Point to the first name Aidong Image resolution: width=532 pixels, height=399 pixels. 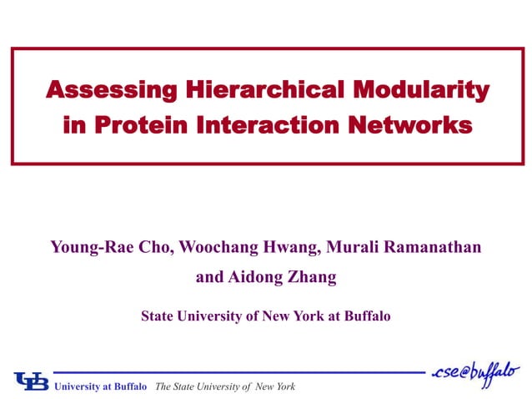coord(254,278)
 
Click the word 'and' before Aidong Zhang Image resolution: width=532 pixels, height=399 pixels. coord(209,278)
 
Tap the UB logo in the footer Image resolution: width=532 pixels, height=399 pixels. coord(31,381)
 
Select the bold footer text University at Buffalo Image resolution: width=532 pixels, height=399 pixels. coord(100,386)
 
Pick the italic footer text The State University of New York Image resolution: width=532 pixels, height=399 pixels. coord(225,386)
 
